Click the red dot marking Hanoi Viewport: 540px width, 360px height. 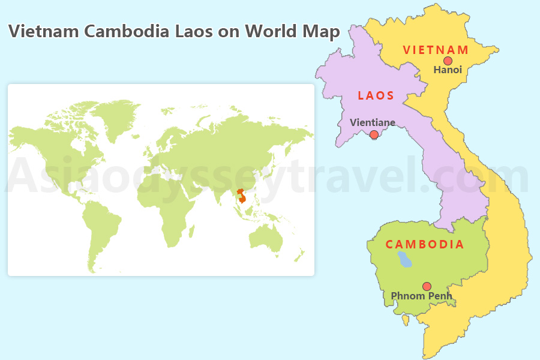(x=448, y=61)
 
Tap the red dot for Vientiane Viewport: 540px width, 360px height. (x=374, y=135)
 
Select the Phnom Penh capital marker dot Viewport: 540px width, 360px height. (x=427, y=286)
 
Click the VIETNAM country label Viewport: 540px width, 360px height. (x=435, y=49)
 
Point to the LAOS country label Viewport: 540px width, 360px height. (x=376, y=95)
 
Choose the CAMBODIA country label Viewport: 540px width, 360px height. (x=424, y=244)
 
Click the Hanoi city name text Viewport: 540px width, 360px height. (x=448, y=70)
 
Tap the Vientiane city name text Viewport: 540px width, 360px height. (x=373, y=122)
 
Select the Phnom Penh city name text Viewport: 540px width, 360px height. (x=421, y=296)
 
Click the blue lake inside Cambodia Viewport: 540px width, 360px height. (x=405, y=259)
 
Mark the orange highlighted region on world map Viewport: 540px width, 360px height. (x=242, y=197)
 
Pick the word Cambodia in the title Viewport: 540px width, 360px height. (x=127, y=31)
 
